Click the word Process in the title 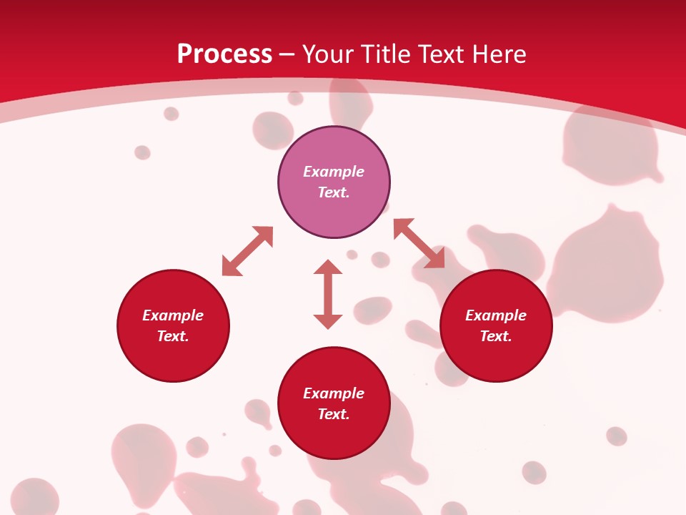pyautogui.click(x=224, y=54)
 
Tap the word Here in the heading pyautogui.click(x=499, y=54)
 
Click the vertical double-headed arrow pyautogui.click(x=328, y=294)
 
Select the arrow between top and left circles pyautogui.click(x=247, y=251)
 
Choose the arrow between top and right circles pyautogui.click(x=419, y=243)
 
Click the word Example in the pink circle pyautogui.click(x=334, y=172)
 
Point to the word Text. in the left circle pyautogui.click(x=173, y=336)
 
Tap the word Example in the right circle pyautogui.click(x=496, y=315)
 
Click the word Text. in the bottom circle pyautogui.click(x=334, y=414)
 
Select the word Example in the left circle pyautogui.click(x=173, y=315)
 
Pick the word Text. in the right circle pyautogui.click(x=496, y=336)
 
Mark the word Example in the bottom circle pyautogui.click(x=334, y=393)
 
